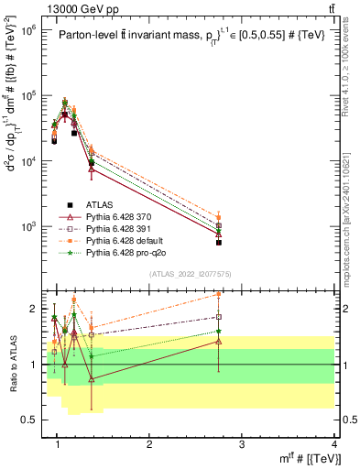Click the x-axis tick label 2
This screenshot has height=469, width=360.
click(149, 443)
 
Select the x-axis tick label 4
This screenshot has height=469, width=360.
click(334, 443)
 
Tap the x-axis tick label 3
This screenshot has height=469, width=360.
click(242, 443)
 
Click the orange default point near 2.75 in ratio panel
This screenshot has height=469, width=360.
click(219, 295)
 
